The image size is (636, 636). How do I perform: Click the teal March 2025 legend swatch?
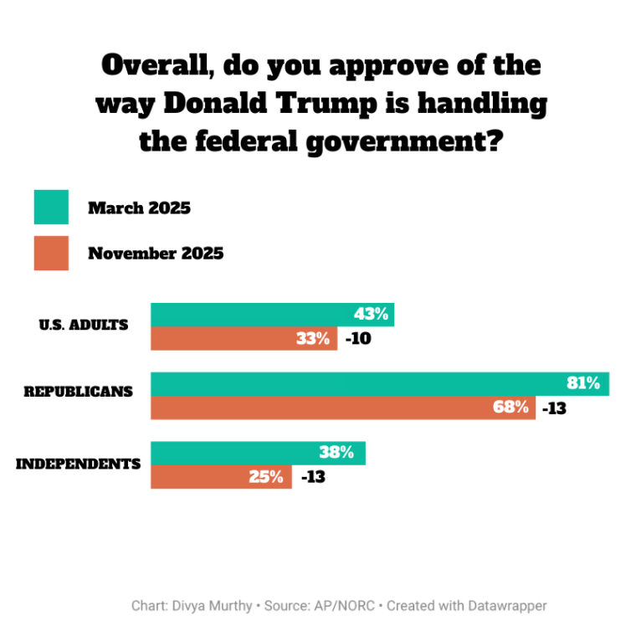(x=50, y=208)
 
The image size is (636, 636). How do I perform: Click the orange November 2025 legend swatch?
(x=50, y=253)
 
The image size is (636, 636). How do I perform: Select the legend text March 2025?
(x=139, y=208)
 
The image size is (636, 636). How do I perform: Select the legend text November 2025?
(x=156, y=253)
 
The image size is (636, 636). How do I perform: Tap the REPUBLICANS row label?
(x=78, y=391)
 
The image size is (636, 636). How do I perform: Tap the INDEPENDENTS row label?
(x=78, y=463)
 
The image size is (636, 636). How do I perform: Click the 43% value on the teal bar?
(x=371, y=315)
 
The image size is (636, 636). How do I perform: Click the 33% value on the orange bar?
(x=314, y=339)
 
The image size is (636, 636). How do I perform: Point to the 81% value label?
(x=583, y=383)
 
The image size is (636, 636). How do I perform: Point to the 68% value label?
(x=511, y=408)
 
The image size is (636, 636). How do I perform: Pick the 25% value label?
(x=268, y=478)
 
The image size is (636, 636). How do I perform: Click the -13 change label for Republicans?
(x=554, y=408)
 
